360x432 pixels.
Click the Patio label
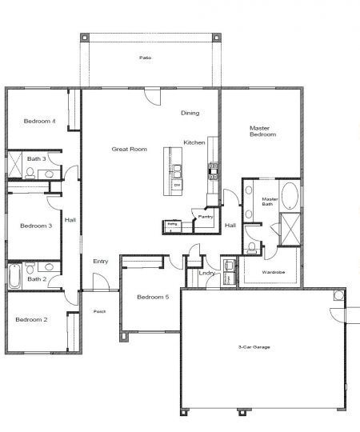pyautogui.click(x=145, y=58)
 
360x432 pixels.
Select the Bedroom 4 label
pyautogui.click(x=39, y=122)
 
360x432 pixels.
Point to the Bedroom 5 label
pyautogui.click(x=152, y=298)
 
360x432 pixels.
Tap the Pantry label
pyautogui.click(x=206, y=216)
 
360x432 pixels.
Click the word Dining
pyautogui.click(x=190, y=113)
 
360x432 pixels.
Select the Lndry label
pyautogui.click(x=206, y=274)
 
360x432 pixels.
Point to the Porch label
pyautogui.click(x=100, y=311)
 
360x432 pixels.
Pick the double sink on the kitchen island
pyautogui.click(x=178, y=170)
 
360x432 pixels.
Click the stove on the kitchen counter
pyautogui.click(x=214, y=168)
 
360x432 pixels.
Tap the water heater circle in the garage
pyautogui.click(x=338, y=295)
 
